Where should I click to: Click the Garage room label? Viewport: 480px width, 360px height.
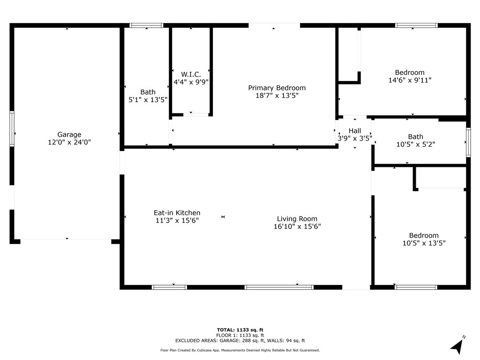pyautogui.click(x=69, y=135)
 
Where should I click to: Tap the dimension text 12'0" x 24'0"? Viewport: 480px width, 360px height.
pyautogui.click(x=69, y=142)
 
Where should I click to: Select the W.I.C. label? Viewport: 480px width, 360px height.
pyautogui.click(x=191, y=74)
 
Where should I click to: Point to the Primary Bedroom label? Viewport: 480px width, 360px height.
pyautogui.click(x=277, y=88)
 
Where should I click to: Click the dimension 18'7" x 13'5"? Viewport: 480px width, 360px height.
pyautogui.click(x=277, y=95)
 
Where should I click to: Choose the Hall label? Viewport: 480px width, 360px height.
pyautogui.click(x=355, y=131)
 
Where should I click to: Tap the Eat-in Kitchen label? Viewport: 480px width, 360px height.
pyautogui.click(x=177, y=213)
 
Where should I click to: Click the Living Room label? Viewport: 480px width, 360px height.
pyautogui.click(x=297, y=218)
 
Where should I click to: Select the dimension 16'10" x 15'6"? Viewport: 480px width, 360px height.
pyautogui.click(x=297, y=226)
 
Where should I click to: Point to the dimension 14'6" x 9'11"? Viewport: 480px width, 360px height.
pyautogui.click(x=410, y=80)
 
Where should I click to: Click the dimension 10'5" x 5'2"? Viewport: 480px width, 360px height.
pyautogui.click(x=415, y=145)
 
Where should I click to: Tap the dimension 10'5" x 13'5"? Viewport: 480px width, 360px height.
pyautogui.click(x=424, y=243)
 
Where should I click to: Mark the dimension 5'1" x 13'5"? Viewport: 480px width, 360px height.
pyautogui.click(x=148, y=100)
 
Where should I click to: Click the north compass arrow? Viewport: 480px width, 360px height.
pyautogui.click(x=457, y=346)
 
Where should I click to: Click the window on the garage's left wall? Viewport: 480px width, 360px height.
pyautogui.click(x=12, y=128)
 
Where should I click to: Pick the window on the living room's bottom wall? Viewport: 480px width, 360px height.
pyautogui.click(x=279, y=287)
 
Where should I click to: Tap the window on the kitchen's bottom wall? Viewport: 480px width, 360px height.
pyautogui.click(x=169, y=287)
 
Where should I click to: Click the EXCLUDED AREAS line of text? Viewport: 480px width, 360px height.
pyautogui.click(x=240, y=341)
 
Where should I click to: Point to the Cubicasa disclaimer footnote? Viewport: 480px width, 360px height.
pyautogui.click(x=240, y=350)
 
